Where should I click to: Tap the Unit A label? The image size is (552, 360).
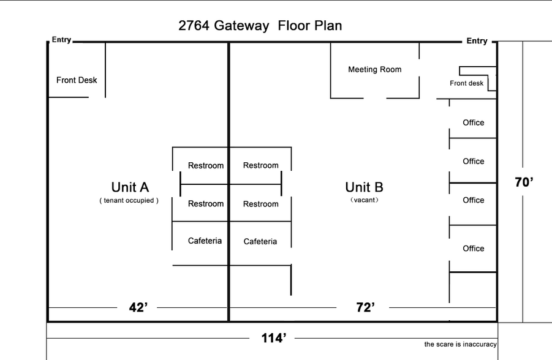pyautogui.click(x=129, y=187)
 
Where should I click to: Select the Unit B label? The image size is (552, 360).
pyautogui.click(x=364, y=187)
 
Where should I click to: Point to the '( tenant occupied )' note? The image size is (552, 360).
pyautogui.click(x=129, y=201)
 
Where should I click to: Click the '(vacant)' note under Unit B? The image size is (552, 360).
pyautogui.click(x=364, y=200)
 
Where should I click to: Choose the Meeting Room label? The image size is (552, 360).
pyautogui.click(x=374, y=70)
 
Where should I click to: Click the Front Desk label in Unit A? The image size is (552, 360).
pyautogui.click(x=77, y=80)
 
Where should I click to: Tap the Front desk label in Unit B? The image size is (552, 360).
pyautogui.click(x=466, y=83)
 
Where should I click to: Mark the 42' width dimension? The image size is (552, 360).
pyautogui.click(x=138, y=308)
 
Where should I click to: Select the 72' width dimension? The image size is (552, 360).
pyautogui.click(x=365, y=308)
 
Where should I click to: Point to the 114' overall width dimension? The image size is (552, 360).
pyautogui.click(x=274, y=338)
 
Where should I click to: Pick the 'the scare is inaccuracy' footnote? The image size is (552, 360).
pyautogui.click(x=460, y=345)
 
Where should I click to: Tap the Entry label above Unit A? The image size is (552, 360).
pyautogui.click(x=61, y=40)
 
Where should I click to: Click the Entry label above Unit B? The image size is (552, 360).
pyautogui.click(x=477, y=41)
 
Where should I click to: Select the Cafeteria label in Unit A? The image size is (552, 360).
pyautogui.click(x=205, y=241)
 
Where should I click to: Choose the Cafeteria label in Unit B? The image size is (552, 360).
pyautogui.click(x=260, y=242)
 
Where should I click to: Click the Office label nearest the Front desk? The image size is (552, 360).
pyautogui.click(x=473, y=123)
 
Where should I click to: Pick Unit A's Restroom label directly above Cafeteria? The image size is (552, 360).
pyautogui.click(x=205, y=204)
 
